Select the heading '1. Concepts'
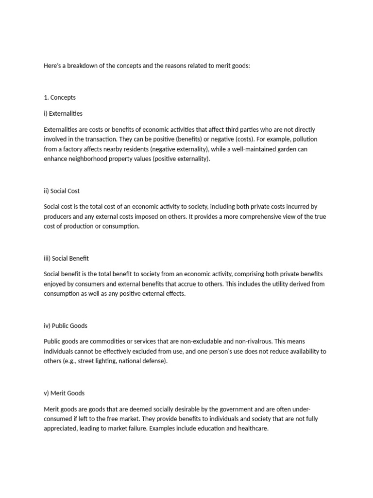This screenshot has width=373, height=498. tap(60, 97)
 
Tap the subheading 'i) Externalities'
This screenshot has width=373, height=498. tap(63, 113)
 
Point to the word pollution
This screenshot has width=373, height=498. tap(305, 139)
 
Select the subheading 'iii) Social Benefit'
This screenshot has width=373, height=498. tap(66, 258)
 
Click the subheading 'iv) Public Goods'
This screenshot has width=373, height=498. tap(66, 325)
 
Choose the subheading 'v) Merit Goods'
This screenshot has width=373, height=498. tap(64, 392)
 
